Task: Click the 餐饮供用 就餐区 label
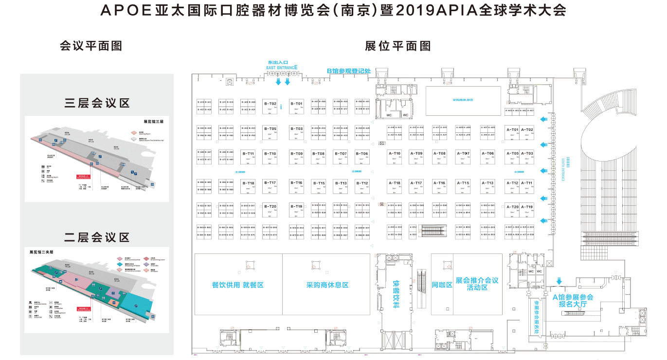click(238, 285)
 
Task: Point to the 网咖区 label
click(442, 285)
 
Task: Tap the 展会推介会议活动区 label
click(477, 284)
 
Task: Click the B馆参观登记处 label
click(348, 71)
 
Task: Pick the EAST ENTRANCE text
click(282, 68)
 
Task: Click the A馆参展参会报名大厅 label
click(573, 301)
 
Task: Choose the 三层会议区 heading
click(97, 103)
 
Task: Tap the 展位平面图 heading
click(398, 46)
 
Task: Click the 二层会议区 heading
click(97, 237)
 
